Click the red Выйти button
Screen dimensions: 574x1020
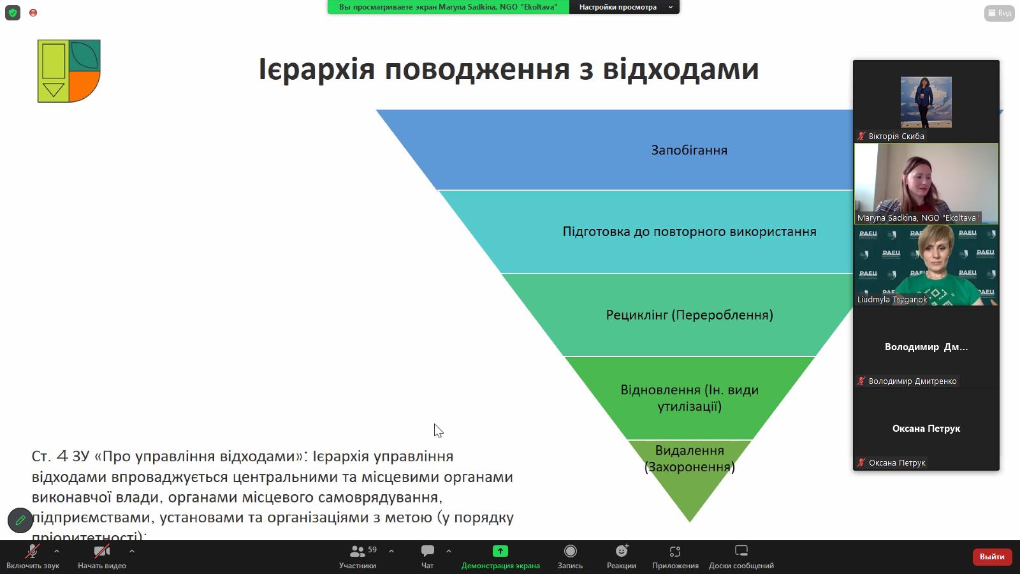991,557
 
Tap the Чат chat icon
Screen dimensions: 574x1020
428,551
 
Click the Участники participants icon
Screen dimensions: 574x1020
358,551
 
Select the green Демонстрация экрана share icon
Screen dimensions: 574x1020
500,551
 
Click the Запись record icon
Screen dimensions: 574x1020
570,551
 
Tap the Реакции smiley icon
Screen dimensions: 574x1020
622,551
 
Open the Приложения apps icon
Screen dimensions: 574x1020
675,551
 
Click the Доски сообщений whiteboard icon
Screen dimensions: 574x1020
741,551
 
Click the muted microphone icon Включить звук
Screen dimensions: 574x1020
32,551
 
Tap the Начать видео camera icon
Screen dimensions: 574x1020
101,551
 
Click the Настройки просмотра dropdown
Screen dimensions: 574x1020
624,7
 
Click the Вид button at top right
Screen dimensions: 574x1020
999,13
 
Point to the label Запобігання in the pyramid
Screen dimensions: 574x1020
689,151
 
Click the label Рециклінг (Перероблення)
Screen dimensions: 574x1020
689,315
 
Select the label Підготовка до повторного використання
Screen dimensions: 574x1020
689,232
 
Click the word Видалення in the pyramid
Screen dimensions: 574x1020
689,451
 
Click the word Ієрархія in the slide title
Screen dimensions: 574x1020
316,69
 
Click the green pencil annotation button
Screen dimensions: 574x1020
20,520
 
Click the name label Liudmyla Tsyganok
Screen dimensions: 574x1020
892,300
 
